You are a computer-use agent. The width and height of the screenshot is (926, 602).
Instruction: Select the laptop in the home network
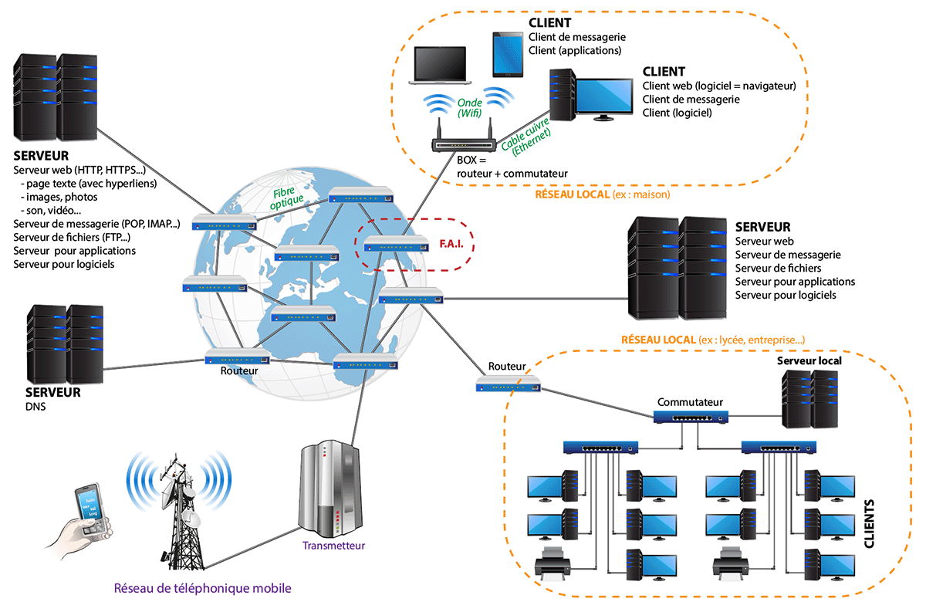(440, 66)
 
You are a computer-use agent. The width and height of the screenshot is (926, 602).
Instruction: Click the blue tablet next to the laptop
(508, 54)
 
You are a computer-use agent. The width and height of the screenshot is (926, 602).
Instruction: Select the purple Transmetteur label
(333, 546)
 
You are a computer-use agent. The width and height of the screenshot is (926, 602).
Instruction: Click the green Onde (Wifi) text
(469, 108)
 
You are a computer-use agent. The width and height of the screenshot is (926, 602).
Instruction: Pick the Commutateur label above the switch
(690, 402)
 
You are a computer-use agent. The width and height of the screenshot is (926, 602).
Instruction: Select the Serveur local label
(809, 360)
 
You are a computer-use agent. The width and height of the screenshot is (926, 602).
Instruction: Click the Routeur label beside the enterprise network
(507, 366)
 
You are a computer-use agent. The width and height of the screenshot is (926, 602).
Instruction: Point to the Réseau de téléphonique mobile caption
(203, 588)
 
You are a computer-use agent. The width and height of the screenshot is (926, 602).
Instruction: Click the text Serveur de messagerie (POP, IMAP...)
(96, 224)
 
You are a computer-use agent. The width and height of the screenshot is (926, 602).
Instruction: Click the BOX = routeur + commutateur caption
(512, 167)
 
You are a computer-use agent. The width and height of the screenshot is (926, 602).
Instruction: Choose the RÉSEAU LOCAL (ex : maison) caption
(602, 194)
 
